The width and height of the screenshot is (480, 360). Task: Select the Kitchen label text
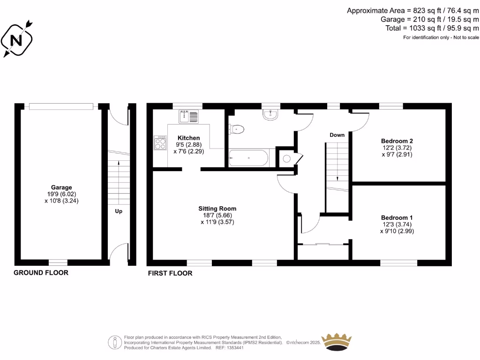point(188,138)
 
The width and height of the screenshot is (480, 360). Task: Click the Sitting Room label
point(217,209)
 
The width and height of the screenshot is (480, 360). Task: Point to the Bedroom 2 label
point(397,141)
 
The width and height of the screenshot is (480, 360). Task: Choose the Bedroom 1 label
point(397,217)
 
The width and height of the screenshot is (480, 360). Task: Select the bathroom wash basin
point(270,114)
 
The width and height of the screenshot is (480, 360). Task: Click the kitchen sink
point(189,115)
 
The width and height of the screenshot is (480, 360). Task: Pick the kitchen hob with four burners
point(160,142)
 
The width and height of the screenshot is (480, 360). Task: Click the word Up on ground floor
point(119,211)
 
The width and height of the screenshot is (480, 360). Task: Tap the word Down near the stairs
point(337,135)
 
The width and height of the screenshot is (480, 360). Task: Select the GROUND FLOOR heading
point(41,272)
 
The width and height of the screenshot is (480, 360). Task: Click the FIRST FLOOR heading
point(170,273)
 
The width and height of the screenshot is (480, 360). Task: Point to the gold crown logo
point(336,341)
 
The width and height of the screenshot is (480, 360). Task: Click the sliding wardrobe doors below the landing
point(323,244)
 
